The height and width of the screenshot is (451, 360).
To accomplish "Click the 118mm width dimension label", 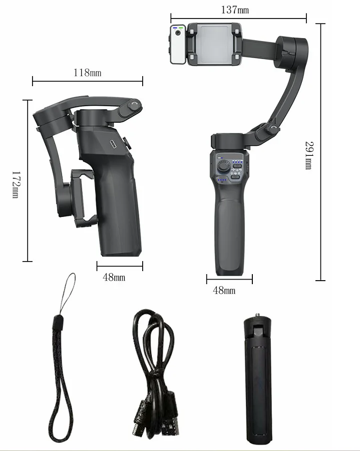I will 87,73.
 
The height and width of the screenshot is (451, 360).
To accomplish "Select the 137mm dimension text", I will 234,10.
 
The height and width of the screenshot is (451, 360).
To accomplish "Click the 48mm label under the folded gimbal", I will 114,277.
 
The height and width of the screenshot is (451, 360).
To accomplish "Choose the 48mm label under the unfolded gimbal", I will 224,290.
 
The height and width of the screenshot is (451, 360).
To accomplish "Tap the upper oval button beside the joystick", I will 235,169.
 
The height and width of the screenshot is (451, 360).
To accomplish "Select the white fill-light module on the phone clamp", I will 178,45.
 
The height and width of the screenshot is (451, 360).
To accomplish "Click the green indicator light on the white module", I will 180,28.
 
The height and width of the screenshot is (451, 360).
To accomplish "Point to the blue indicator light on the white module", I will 174,28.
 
